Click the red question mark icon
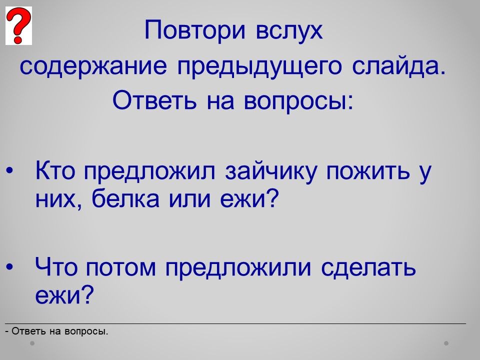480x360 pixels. tap(18, 25)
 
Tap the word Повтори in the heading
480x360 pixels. tap(195, 30)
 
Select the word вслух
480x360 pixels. tap(289, 30)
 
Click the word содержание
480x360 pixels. tap(93, 66)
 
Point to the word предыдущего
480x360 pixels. tap(259, 66)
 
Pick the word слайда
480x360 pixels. tap(399, 66)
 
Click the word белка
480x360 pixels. tap(125, 198)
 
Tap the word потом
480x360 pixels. tap(121, 267)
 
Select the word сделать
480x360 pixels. tap(368, 267)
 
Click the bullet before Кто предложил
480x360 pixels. tap(9, 171)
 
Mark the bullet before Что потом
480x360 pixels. tap(9, 266)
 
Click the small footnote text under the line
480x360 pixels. tap(57, 331)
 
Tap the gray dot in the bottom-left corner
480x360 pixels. tap(32, 343)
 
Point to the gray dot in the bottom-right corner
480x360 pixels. tap(446, 343)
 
